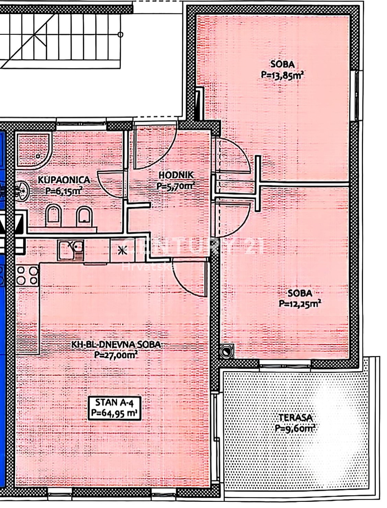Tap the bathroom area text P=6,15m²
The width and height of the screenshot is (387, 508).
pyautogui.click(x=65, y=191)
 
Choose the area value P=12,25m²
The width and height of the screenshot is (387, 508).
pyautogui.click(x=300, y=303)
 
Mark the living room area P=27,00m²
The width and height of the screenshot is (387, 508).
pyautogui.click(x=116, y=356)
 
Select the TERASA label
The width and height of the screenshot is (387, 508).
pyautogui.click(x=295, y=418)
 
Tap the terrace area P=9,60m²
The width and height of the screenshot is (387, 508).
pyautogui.click(x=295, y=429)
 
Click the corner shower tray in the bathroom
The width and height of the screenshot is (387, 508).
pyautogui.click(x=33, y=150)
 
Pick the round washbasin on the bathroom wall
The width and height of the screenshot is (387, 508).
pyautogui.click(x=21, y=191)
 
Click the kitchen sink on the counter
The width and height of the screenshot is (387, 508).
pyautogui.click(x=71, y=249)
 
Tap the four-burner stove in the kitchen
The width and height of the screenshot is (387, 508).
pyautogui.click(x=27, y=275)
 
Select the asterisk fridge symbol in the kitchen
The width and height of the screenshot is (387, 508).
pyautogui.click(x=122, y=250)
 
